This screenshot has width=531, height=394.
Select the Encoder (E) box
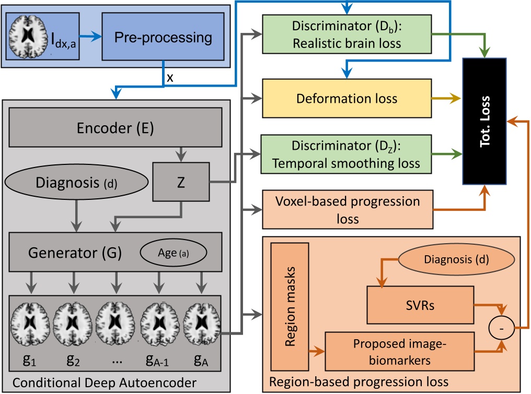click(116, 128)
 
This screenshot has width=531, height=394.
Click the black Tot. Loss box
click(484, 121)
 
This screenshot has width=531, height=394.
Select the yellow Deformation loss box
click(347, 98)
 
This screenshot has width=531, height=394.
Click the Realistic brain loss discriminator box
click(347, 34)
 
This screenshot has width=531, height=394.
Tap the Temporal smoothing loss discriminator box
click(347, 155)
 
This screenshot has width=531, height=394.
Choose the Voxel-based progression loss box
click(347, 209)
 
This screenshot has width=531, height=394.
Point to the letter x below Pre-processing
click(170, 78)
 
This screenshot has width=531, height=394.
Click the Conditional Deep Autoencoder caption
click(105, 383)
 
